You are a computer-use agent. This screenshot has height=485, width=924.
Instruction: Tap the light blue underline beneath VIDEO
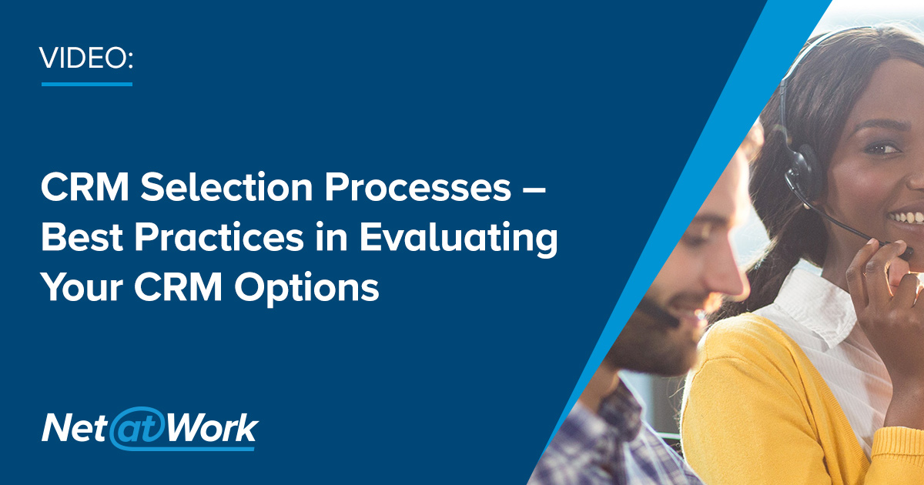tap(87, 82)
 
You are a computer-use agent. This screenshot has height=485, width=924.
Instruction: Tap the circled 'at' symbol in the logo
tap(135, 430)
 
